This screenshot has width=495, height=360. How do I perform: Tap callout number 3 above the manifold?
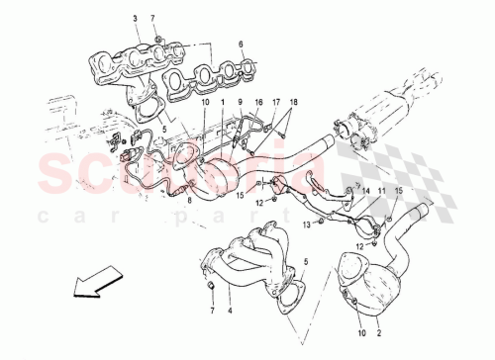pos(135,19)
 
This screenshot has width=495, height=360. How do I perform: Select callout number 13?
pos(307,225)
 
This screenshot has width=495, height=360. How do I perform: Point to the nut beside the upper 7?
pos(158,39)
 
